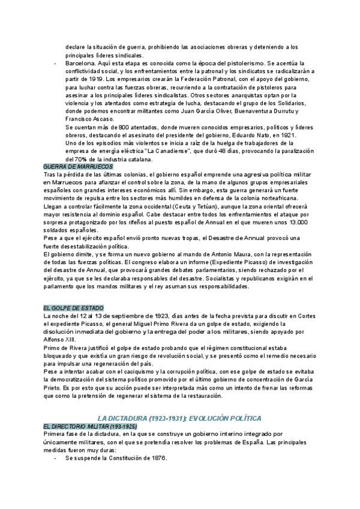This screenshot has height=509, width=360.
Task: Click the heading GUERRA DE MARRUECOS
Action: (74, 166)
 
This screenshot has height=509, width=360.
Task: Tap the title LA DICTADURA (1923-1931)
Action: (131, 418)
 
